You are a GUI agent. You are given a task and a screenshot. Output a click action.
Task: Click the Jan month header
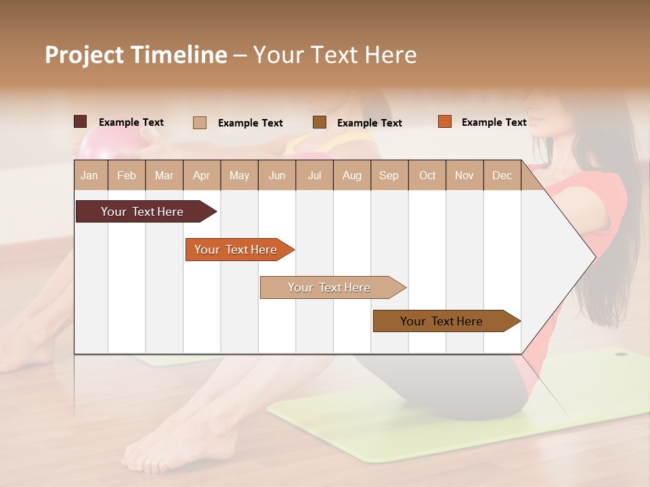pyautogui.click(x=90, y=175)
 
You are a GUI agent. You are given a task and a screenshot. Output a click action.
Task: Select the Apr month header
pyautogui.click(x=202, y=175)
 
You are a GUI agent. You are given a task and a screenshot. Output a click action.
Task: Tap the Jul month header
pyautogui.click(x=314, y=175)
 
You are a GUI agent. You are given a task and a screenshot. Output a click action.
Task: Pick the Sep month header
pyautogui.click(x=389, y=175)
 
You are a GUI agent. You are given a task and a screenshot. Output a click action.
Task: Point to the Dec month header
pyautogui.click(x=502, y=175)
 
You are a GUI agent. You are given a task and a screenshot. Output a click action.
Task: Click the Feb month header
pyautogui.click(x=127, y=175)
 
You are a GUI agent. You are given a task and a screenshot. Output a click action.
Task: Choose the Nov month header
pyautogui.click(x=464, y=175)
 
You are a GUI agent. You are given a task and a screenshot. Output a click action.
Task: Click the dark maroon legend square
pyautogui.click(x=81, y=122)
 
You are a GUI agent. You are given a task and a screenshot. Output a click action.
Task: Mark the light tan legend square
pyautogui.click(x=200, y=122)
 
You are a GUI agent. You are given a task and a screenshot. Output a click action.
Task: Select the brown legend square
pyautogui.click(x=320, y=122)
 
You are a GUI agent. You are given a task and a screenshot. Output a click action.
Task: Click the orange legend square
pyautogui.click(x=445, y=122)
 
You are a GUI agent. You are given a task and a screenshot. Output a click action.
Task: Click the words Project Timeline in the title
pyautogui.click(x=136, y=55)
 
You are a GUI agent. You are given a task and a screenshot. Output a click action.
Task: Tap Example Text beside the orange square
pyautogui.click(x=494, y=122)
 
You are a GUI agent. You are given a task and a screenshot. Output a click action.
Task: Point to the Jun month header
pyautogui.click(x=277, y=175)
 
